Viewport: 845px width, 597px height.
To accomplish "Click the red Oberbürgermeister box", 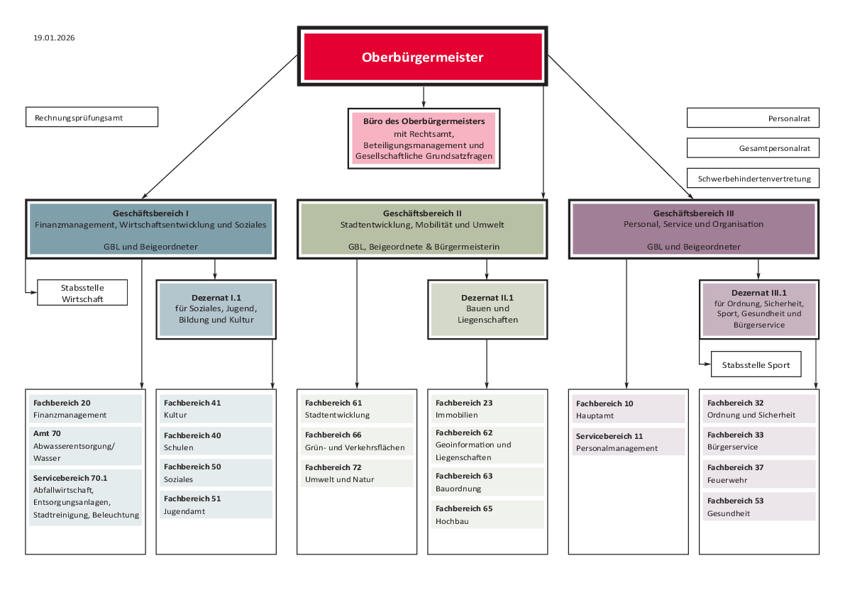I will click(423, 57).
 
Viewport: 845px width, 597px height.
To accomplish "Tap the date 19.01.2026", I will click(54, 38).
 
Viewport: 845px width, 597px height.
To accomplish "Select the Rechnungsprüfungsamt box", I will click(92, 118).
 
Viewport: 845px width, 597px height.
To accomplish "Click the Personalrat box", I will click(753, 118).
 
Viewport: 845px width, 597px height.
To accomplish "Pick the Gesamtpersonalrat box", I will click(753, 148).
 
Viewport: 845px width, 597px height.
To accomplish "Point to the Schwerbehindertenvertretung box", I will click(753, 179).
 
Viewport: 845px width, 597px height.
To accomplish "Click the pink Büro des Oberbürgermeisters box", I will click(424, 138).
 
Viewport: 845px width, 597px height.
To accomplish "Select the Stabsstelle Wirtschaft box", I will click(82, 293).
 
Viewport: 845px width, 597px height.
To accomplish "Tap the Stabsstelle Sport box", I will click(755, 365).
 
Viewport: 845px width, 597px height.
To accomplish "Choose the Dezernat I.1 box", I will click(214, 309).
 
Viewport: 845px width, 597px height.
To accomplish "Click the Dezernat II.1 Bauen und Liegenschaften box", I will click(487, 309).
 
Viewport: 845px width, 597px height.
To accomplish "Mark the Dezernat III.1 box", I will click(758, 308).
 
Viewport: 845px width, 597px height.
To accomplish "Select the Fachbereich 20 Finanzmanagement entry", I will click(85, 408).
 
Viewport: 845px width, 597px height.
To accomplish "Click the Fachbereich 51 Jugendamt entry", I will click(216, 504).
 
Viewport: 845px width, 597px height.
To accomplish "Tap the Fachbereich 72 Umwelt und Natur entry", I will click(357, 474).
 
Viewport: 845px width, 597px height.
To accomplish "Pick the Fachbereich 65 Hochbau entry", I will click(487, 515).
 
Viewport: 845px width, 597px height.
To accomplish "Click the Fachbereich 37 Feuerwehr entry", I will click(758, 474).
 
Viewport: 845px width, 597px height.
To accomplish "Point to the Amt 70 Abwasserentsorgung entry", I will click(85, 445).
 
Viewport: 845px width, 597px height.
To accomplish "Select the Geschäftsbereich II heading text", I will click(422, 213).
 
